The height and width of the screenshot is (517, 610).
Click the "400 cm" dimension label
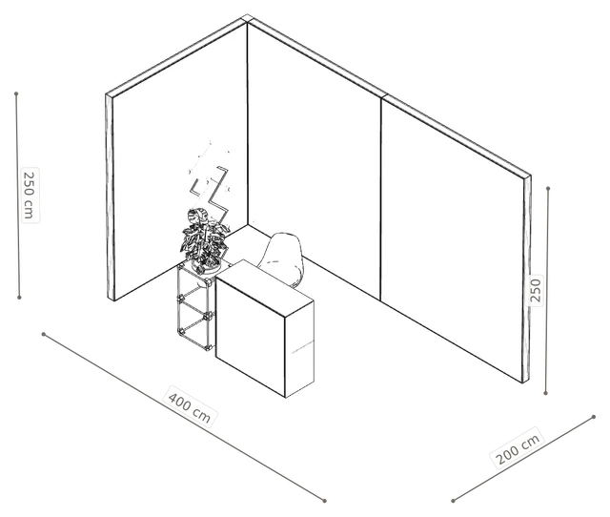(x=190, y=406)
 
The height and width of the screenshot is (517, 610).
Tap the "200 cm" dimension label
(x=518, y=448)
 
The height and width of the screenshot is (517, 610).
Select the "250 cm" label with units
(x=30, y=195)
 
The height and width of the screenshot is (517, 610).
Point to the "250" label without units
(x=536, y=291)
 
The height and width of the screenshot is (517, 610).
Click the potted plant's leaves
(x=204, y=237)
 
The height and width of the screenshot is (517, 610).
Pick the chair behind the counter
(x=282, y=259)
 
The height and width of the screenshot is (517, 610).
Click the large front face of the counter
(x=250, y=337)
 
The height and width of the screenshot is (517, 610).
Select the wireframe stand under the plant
(x=195, y=307)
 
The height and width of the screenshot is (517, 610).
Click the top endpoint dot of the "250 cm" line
(x=16, y=93)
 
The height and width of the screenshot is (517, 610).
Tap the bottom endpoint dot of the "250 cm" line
(x=19, y=298)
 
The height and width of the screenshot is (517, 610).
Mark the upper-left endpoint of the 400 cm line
(x=44, y=334)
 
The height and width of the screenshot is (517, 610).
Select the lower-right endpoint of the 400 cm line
(x=324, y=501)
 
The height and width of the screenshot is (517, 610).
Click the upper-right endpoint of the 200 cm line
(x=594, y=417)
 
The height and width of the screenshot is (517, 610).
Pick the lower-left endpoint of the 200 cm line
(x=453, y=501)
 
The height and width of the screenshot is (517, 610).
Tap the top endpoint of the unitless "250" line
(x=548, y=189)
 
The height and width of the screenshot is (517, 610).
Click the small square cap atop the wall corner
(x=247, y=18)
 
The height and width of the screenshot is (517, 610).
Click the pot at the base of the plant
(x=206, y=266)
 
